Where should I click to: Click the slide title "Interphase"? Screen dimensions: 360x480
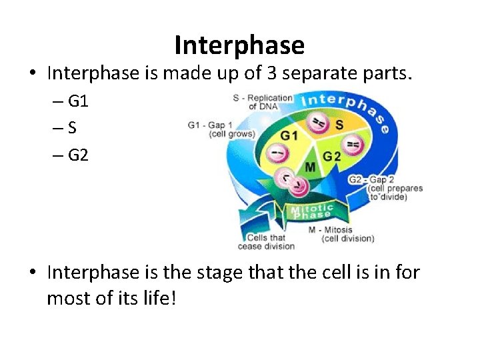[239, 45]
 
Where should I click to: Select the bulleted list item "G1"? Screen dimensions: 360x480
[77, 101]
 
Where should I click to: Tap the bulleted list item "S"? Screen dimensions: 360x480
[71, 129]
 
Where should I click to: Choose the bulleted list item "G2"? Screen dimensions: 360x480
[77, 156]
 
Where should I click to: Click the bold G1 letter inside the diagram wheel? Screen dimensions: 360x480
[289, 135]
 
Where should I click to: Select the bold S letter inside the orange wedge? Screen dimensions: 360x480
[339, 125]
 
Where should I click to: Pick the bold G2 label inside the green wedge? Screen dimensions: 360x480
[332, 156]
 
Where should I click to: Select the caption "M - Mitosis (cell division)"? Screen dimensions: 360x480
[341, 234]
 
